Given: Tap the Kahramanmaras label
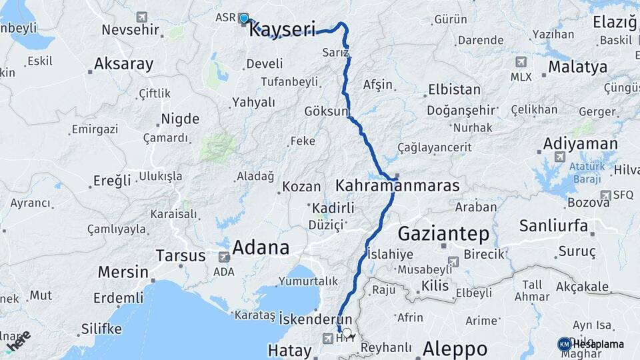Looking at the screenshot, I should [x=397, y=185].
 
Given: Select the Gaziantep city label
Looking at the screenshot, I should [x=443, y=234].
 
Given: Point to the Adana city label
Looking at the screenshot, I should [x=261, y=248].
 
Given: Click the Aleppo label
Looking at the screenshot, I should [x=455, y=349].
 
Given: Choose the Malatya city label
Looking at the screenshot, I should [x=578, y=67].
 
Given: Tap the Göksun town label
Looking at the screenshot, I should [x=326, y=111].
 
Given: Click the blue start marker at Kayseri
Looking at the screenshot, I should [x=244, y=19].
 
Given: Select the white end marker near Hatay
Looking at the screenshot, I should [x=346, y=332].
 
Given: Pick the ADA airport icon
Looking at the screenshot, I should [x=224, y=256].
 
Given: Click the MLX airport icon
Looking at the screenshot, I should [x=521, y=62].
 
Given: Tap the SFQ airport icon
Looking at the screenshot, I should [x=605, y=195].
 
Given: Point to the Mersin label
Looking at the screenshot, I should [x=123, y=272].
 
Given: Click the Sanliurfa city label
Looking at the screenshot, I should [x=553, y=225].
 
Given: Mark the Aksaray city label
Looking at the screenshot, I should [x=123, y=64].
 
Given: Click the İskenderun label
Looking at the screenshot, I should [x=315, y=318].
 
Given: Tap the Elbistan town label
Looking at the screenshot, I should [x=454, y=89].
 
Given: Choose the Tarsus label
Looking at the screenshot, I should [x=181, y=255].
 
